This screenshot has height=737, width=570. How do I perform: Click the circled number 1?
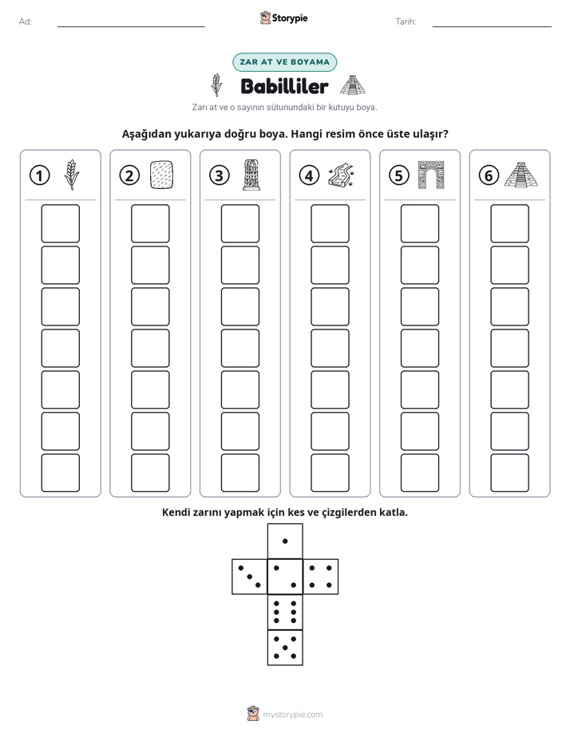(x=39, y=175)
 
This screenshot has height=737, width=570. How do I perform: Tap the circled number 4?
(x=309, y=175)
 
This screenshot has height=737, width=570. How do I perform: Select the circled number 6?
(x=489, y=175)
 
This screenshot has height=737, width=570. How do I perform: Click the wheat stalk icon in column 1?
(x=72, y=175)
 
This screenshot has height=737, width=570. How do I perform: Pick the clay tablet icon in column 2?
(x=161, y=175)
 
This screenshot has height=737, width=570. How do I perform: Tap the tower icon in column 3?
(x=251, y=175)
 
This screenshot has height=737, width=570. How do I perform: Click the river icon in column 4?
(x=341, y=175)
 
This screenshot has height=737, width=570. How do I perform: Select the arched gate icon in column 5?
(x=431, y=175)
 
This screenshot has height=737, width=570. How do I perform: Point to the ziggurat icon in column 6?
(x=521, y=175)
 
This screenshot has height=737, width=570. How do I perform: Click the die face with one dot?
(x=285, y=542)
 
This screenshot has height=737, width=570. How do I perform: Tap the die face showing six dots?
(x=285, y=612)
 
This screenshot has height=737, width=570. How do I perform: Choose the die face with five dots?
(x=285, y=647)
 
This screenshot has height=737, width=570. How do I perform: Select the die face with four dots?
(x=321, y=577)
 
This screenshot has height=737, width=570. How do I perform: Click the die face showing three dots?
(x=250, y=577)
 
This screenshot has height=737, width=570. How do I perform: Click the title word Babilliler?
(x=284, y=86)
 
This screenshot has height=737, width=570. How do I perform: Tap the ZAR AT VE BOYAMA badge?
(x=284, y=62)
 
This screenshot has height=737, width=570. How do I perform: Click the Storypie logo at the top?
(x=283, y=18)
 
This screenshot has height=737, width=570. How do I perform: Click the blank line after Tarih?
(x=492, y=26)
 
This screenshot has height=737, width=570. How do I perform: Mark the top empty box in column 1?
(x=60, y=223)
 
